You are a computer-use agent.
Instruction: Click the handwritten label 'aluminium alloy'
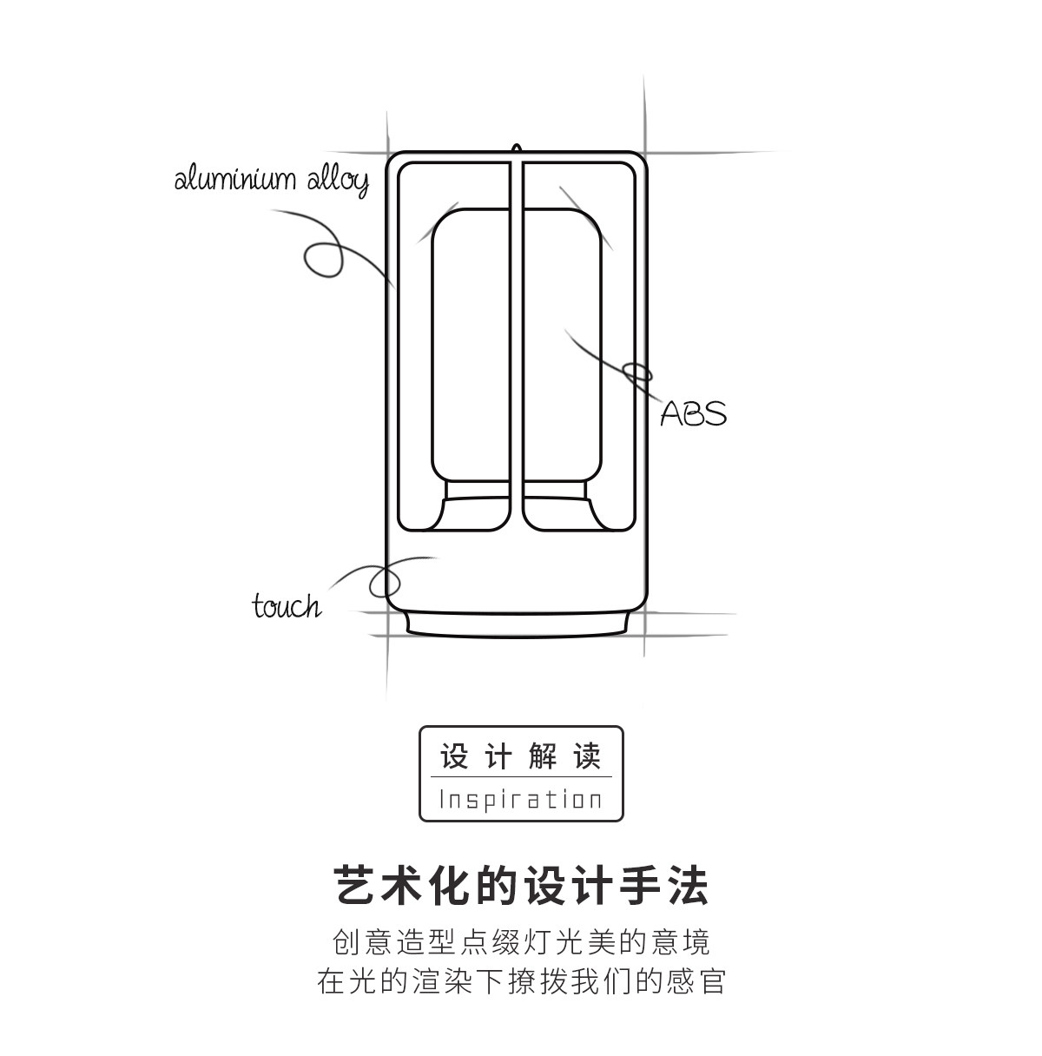[x=272, y=180]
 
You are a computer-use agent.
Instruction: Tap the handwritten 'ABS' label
[x=693, y=413]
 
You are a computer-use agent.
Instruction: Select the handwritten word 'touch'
[x=286, y=605]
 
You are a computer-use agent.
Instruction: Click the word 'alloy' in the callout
[x=338, y=181]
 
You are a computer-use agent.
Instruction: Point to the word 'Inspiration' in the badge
[x=521, y=799]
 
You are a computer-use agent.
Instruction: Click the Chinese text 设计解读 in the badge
[x=521, y=756]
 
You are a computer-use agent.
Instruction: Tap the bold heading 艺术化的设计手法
[x=521, y=887]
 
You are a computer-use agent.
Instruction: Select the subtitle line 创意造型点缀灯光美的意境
[x=521, y=941]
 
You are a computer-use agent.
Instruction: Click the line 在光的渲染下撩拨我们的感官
[x=521, y=982]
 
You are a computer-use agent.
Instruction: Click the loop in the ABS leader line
[x=639, y=373]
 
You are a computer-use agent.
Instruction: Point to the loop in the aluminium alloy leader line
[x=322, y=259]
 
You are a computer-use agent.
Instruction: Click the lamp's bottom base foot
[x=518, y=624]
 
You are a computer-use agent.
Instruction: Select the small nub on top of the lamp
[x=517, y=150]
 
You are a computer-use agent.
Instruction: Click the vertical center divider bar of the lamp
[x=517, y=347]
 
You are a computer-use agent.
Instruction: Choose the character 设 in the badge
[x=454, y=756]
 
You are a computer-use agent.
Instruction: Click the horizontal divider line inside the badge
[x=521, y=777]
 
